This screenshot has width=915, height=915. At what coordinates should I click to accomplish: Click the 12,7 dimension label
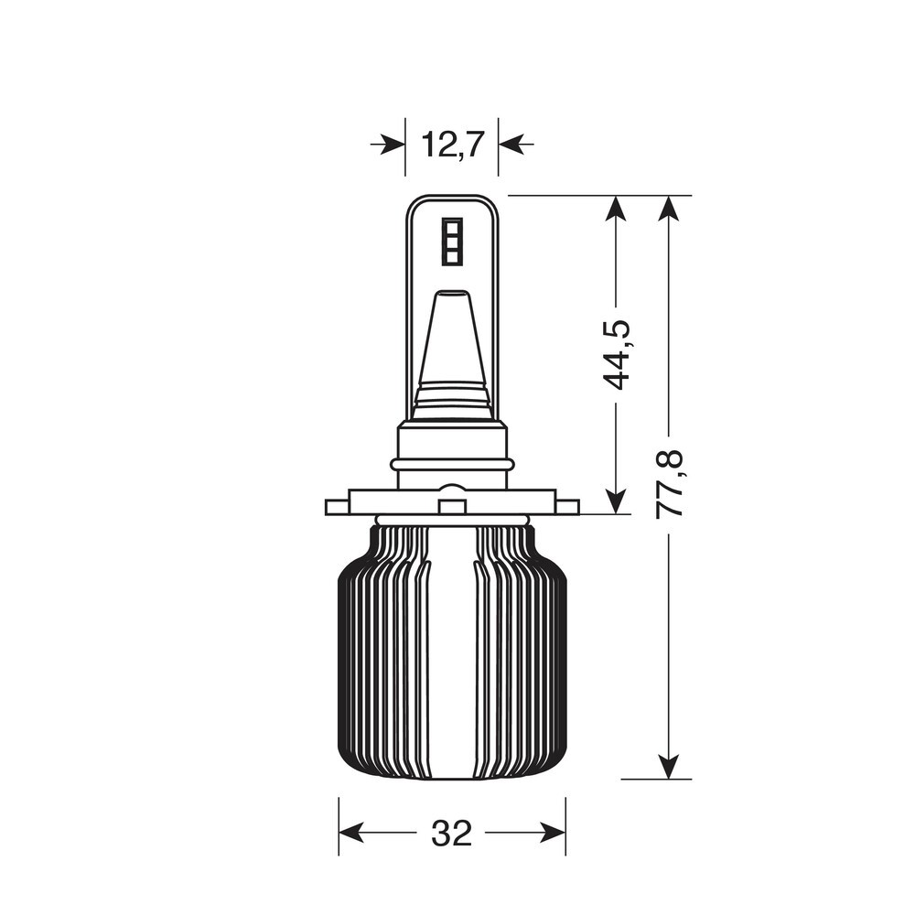coord(452,145)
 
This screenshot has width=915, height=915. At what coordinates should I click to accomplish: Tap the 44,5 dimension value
coord(616,354)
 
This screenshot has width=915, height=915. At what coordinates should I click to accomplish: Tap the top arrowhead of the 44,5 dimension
coord(616,209)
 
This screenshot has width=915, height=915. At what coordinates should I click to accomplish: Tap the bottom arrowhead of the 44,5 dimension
coord(616,501)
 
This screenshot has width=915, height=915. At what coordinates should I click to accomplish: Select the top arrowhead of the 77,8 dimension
coord(669,209)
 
